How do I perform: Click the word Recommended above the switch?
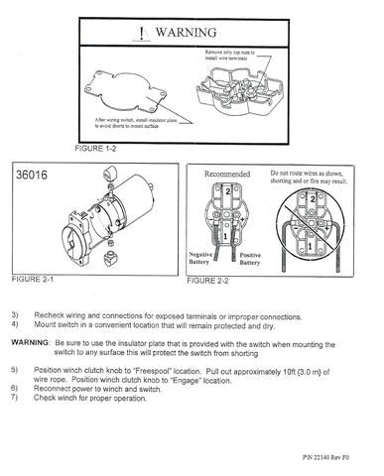tap(226, 174)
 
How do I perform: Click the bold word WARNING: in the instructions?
tap(31, 340)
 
